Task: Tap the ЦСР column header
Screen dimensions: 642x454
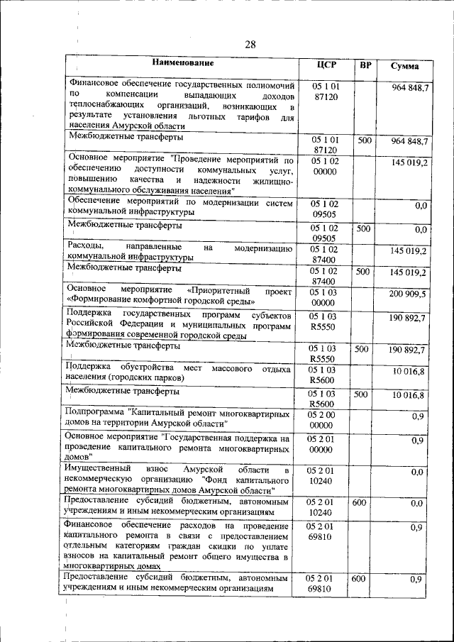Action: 326,65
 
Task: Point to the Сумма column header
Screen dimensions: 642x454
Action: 404,66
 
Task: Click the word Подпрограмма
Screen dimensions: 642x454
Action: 94,412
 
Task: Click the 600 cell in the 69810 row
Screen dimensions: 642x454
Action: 360,580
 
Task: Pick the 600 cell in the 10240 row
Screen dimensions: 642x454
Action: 360,502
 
